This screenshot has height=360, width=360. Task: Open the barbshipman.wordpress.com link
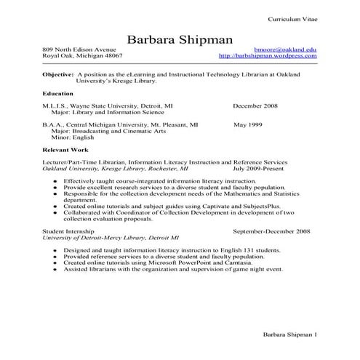click(267, 55)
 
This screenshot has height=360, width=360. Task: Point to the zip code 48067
click(111, 55)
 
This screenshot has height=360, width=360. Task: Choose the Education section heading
click(58, 94)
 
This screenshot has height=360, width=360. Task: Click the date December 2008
click(257, 106)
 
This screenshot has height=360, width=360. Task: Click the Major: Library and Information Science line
click(103, 113)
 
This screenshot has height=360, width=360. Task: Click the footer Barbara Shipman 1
click(289, 335)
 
